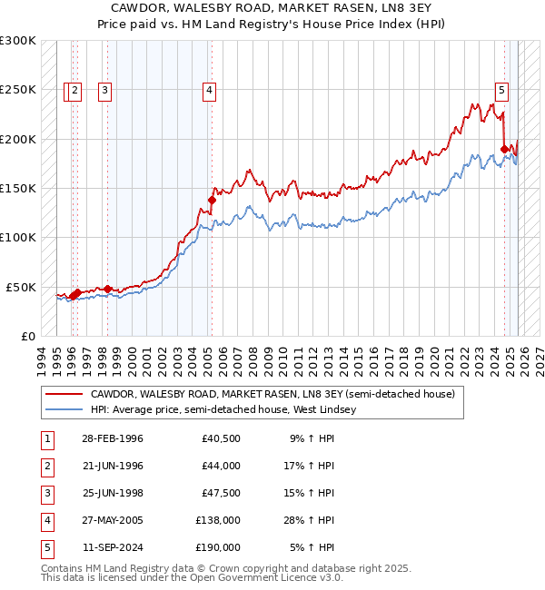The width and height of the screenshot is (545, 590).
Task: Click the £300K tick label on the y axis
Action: click(x=18, y=41)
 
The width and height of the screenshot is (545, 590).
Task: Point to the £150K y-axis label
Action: click(x=18, y=188)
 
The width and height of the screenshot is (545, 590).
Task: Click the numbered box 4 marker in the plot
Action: click(x=209, y=90)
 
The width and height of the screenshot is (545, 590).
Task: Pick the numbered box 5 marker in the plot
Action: click(x=501, y=90)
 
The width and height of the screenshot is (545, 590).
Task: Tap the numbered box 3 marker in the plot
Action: click(x=105, y=90)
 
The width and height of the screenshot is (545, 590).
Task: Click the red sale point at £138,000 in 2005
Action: click(x=212, y=200)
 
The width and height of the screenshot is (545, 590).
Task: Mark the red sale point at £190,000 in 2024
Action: click(x=504, y=149)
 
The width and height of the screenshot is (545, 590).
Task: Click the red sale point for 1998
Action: click(x=107, y=289)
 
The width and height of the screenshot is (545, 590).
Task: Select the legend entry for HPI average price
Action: click(x=223, y=409)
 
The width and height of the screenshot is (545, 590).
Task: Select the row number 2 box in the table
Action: click(x=46, y=466)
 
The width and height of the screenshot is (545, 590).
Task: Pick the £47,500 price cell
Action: click(x=221, y=493)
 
